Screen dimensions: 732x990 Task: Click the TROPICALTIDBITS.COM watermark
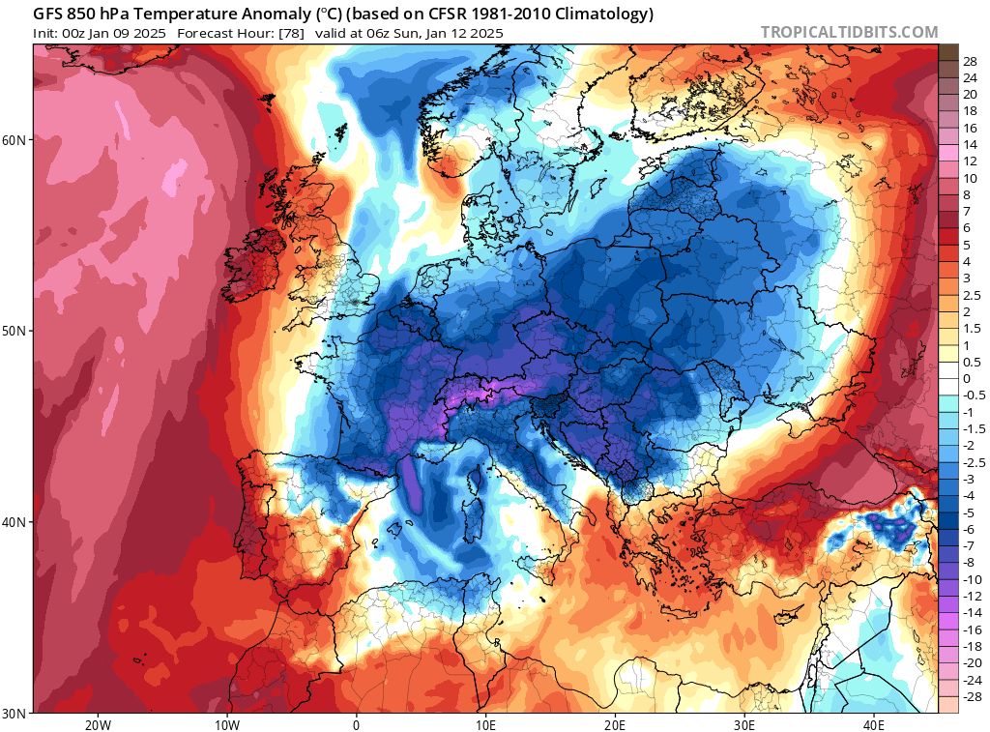pyautogui.click(x=849, y=32)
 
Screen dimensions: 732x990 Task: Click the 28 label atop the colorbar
pyautogui.click(x=970, y=60)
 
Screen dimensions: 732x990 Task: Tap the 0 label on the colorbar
pyautogui.click(x=966, y=378)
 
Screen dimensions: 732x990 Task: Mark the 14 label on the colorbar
pyautogui.click(x=970, y=144)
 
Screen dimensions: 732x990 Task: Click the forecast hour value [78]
pyautogui.click(x=291, y=33)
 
